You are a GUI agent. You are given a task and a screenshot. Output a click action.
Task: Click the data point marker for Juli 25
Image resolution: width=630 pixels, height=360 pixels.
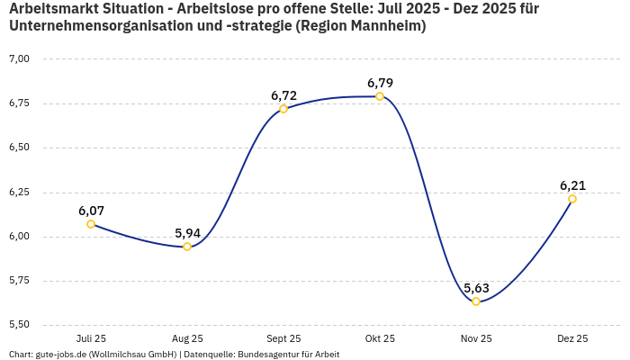[91, 224]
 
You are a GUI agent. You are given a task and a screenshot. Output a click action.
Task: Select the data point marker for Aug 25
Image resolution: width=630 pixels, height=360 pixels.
[187, 247]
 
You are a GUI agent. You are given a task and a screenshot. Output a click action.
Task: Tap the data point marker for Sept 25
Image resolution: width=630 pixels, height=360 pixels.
[283, 109]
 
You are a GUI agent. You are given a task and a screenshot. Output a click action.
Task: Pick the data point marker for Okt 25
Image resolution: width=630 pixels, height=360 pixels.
[380, 96]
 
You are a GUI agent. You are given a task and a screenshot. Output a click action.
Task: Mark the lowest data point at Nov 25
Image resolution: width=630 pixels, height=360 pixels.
[476, 301]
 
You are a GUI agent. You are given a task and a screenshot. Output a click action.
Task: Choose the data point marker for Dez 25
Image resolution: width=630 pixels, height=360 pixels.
[572, 199]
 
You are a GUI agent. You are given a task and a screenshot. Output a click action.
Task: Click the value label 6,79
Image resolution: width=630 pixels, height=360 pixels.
[380, 83]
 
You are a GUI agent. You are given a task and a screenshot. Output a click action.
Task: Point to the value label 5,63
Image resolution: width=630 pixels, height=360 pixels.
[476, 288]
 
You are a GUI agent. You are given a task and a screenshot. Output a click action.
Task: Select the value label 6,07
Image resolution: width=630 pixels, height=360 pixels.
[91, 211]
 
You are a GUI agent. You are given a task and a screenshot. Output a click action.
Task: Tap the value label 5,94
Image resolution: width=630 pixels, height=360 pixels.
[187, 233]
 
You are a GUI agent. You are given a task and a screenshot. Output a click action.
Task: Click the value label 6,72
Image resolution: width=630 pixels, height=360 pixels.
[283, 95]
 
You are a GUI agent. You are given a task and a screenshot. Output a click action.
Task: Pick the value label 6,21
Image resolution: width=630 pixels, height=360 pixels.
[572, 185]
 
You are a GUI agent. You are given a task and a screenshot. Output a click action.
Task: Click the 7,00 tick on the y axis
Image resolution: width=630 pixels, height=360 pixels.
[19, 58]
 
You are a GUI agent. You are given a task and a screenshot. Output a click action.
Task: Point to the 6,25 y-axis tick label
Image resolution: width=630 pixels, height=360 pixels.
[19, 193]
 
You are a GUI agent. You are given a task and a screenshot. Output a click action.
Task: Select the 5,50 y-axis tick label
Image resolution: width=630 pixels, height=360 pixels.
[19, 325]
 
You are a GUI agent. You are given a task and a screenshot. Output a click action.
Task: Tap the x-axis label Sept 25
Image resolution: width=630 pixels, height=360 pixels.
[283, 338]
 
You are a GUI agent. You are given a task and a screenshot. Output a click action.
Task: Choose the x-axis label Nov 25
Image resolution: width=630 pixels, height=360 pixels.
[476, 338]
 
